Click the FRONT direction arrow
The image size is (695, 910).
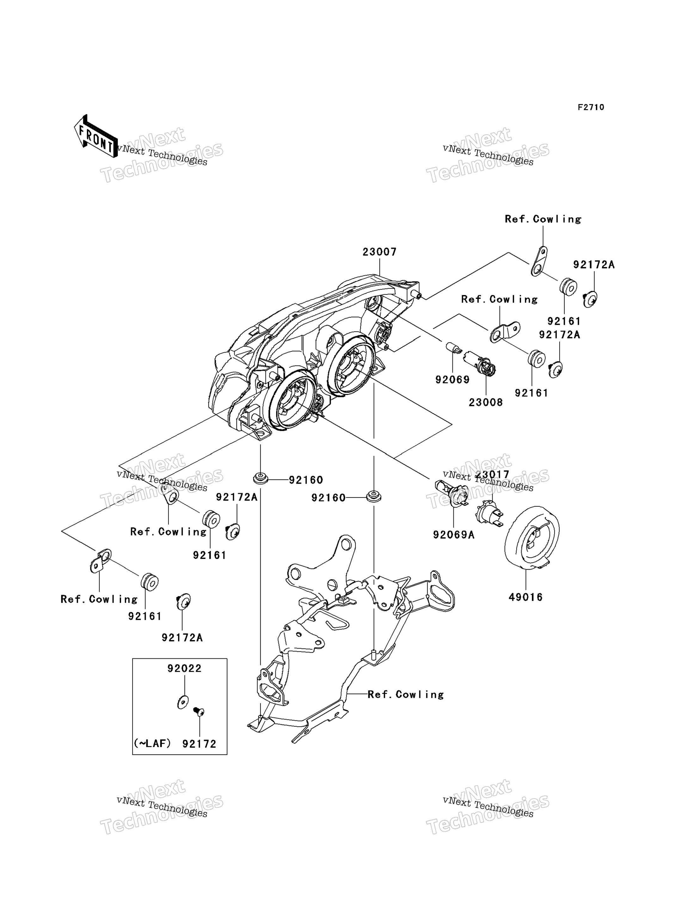click(95, 136)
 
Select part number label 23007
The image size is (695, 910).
click(379, 252)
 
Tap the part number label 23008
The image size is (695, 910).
click(486, 402)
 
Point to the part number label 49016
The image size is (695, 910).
click(526, 597)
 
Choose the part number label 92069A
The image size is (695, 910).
click(454, 535)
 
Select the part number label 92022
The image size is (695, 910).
click(185, 668)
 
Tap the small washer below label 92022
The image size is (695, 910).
click(183, 702)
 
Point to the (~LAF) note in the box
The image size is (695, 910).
click(152, 743)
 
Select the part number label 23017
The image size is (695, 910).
click(492, 474)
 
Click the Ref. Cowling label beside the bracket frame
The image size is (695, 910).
click(405, 694)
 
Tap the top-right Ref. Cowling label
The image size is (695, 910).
click(543, 219)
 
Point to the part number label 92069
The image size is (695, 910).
click(452, 380)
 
